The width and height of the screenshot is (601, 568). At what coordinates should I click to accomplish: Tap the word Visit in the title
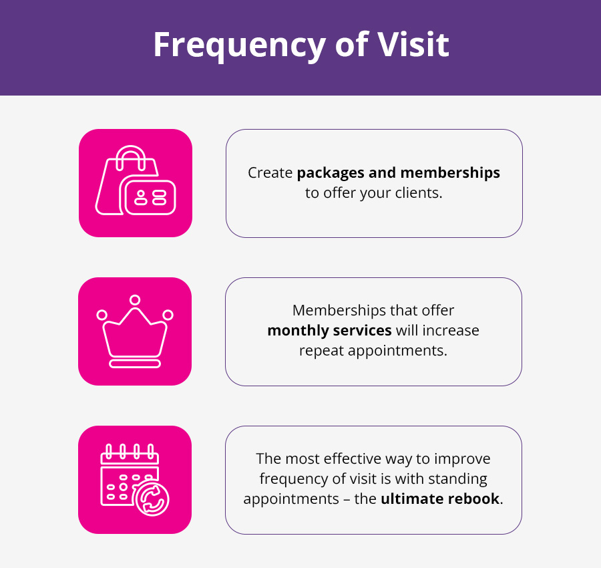point(413,45)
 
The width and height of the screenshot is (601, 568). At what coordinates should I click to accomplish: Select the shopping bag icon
point(136,180)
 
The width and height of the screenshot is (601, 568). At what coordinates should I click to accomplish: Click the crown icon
point(135,331)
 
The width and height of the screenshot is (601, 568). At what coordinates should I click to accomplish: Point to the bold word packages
point(331,173)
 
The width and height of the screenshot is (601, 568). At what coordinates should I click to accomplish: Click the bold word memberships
point(450,173)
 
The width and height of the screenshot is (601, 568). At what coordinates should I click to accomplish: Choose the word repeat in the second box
point(321,351)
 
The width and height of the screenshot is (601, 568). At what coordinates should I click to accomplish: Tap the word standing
point(457,479)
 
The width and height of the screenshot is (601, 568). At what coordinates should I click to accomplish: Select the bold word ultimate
point(412,499)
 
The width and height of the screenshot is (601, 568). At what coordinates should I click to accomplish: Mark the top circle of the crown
point(135,300)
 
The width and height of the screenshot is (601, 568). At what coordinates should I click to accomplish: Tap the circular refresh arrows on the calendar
point(152,499)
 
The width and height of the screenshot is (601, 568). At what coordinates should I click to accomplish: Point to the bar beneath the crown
point(135,364)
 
